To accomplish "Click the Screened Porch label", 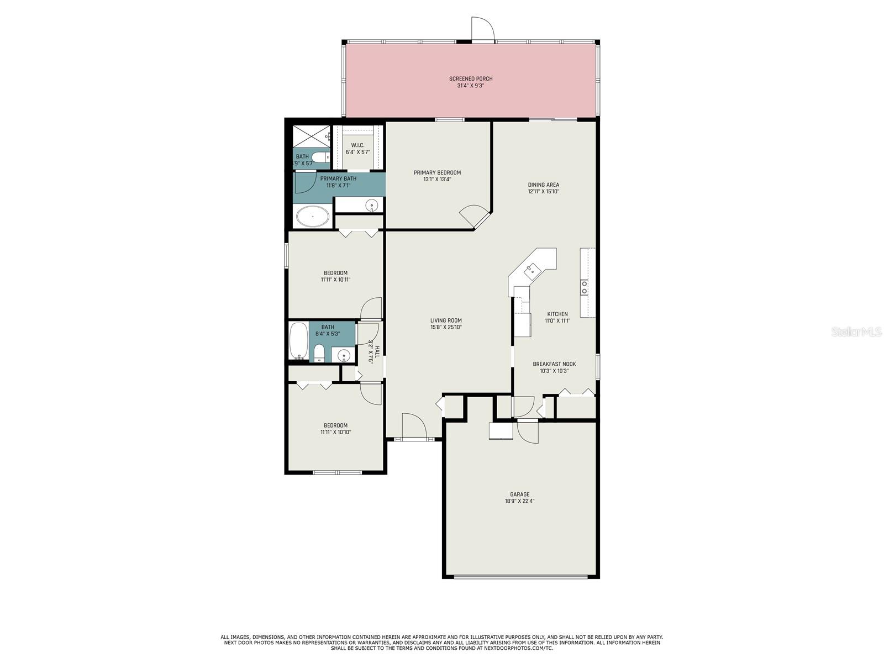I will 471,79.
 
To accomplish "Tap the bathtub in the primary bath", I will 313,217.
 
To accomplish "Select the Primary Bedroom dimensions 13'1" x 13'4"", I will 437,180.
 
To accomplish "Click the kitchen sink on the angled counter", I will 532,271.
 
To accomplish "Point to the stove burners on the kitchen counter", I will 584,287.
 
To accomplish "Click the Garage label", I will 519,494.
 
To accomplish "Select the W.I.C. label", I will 357,145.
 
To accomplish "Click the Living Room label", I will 446,320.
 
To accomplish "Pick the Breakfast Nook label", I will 554,364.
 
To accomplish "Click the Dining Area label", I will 544,185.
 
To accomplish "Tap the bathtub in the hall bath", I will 298,341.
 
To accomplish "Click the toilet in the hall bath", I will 319,352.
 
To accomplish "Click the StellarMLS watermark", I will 856,331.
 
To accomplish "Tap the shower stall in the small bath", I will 311,136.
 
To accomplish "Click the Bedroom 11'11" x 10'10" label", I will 335,429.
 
